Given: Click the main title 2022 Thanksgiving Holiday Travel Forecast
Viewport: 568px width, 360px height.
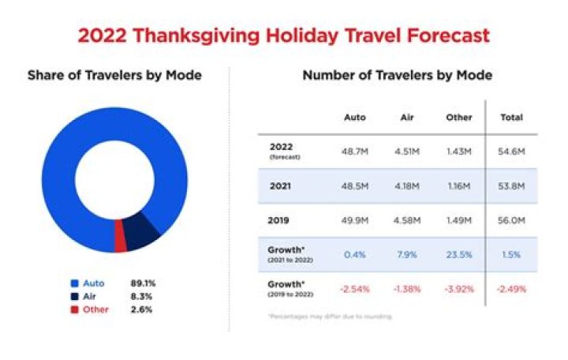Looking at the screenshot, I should pos(283,35).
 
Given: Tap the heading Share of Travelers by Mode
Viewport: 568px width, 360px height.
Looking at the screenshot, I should pos(114,76).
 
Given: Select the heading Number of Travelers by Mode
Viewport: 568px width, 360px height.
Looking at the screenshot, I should pos(398,76).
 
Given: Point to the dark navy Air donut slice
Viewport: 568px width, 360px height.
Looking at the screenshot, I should pos(141,235).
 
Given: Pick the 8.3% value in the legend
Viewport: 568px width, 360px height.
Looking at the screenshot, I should pos(142,296).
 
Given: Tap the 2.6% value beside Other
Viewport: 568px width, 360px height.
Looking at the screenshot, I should pos(142,309).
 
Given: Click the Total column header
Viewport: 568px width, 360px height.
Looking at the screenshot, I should pos(513,118).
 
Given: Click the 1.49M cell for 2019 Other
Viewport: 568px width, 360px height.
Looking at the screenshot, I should pos(458,221).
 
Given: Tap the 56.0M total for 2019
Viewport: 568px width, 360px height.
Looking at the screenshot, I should pos(513,221).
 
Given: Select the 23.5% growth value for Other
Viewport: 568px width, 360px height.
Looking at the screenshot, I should pos(458,254).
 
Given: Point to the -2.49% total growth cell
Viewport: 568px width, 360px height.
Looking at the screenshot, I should pos(513,289).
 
